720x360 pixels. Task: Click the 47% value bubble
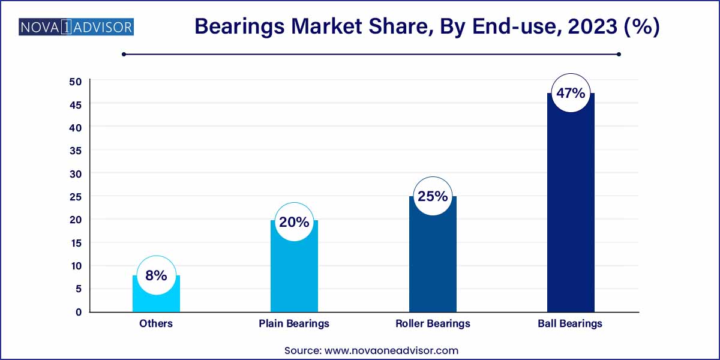(x=571, y=94)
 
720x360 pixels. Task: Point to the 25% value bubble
(x=433, y=196)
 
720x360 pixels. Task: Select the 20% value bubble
(x=294, y=222)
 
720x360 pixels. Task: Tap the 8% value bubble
(x=156, y=275)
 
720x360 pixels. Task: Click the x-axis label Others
(x=156, y=323)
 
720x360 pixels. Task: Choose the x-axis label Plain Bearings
(x=294, y=323)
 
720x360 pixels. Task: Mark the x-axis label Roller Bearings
(x=433, y=323)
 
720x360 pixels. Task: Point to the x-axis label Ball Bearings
(x=571, y=323)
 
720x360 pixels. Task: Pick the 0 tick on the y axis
(x=78, y=312)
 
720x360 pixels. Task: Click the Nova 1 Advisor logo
(x=76, y=27)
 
